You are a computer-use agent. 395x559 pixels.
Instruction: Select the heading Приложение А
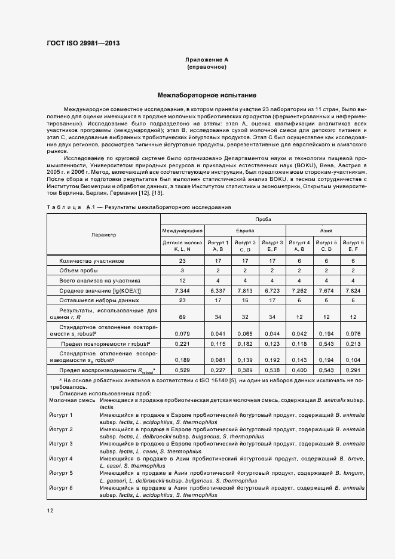[x=206, y=60]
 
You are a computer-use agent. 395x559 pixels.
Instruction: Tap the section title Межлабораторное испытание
[x=206, y=95]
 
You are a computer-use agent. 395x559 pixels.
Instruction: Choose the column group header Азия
[x=326, y=230]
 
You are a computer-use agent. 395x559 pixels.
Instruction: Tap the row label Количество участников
[x=91, y=261]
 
